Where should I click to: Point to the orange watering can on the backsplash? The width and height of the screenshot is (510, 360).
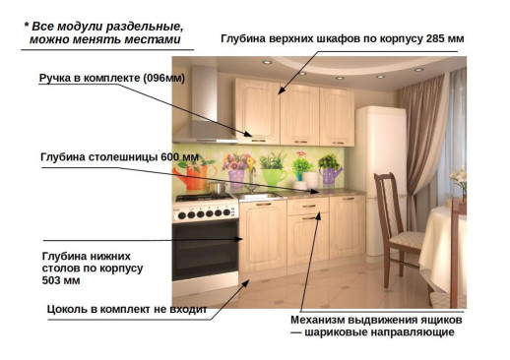(x=192, y=175)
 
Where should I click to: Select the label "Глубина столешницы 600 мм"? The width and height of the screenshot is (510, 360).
(x=119, y=156)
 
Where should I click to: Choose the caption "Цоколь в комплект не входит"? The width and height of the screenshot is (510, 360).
(x=127, y=309)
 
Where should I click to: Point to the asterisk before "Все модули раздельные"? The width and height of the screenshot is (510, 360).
(x=27, y=25)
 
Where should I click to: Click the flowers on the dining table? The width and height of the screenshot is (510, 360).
(x=459, y=182)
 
